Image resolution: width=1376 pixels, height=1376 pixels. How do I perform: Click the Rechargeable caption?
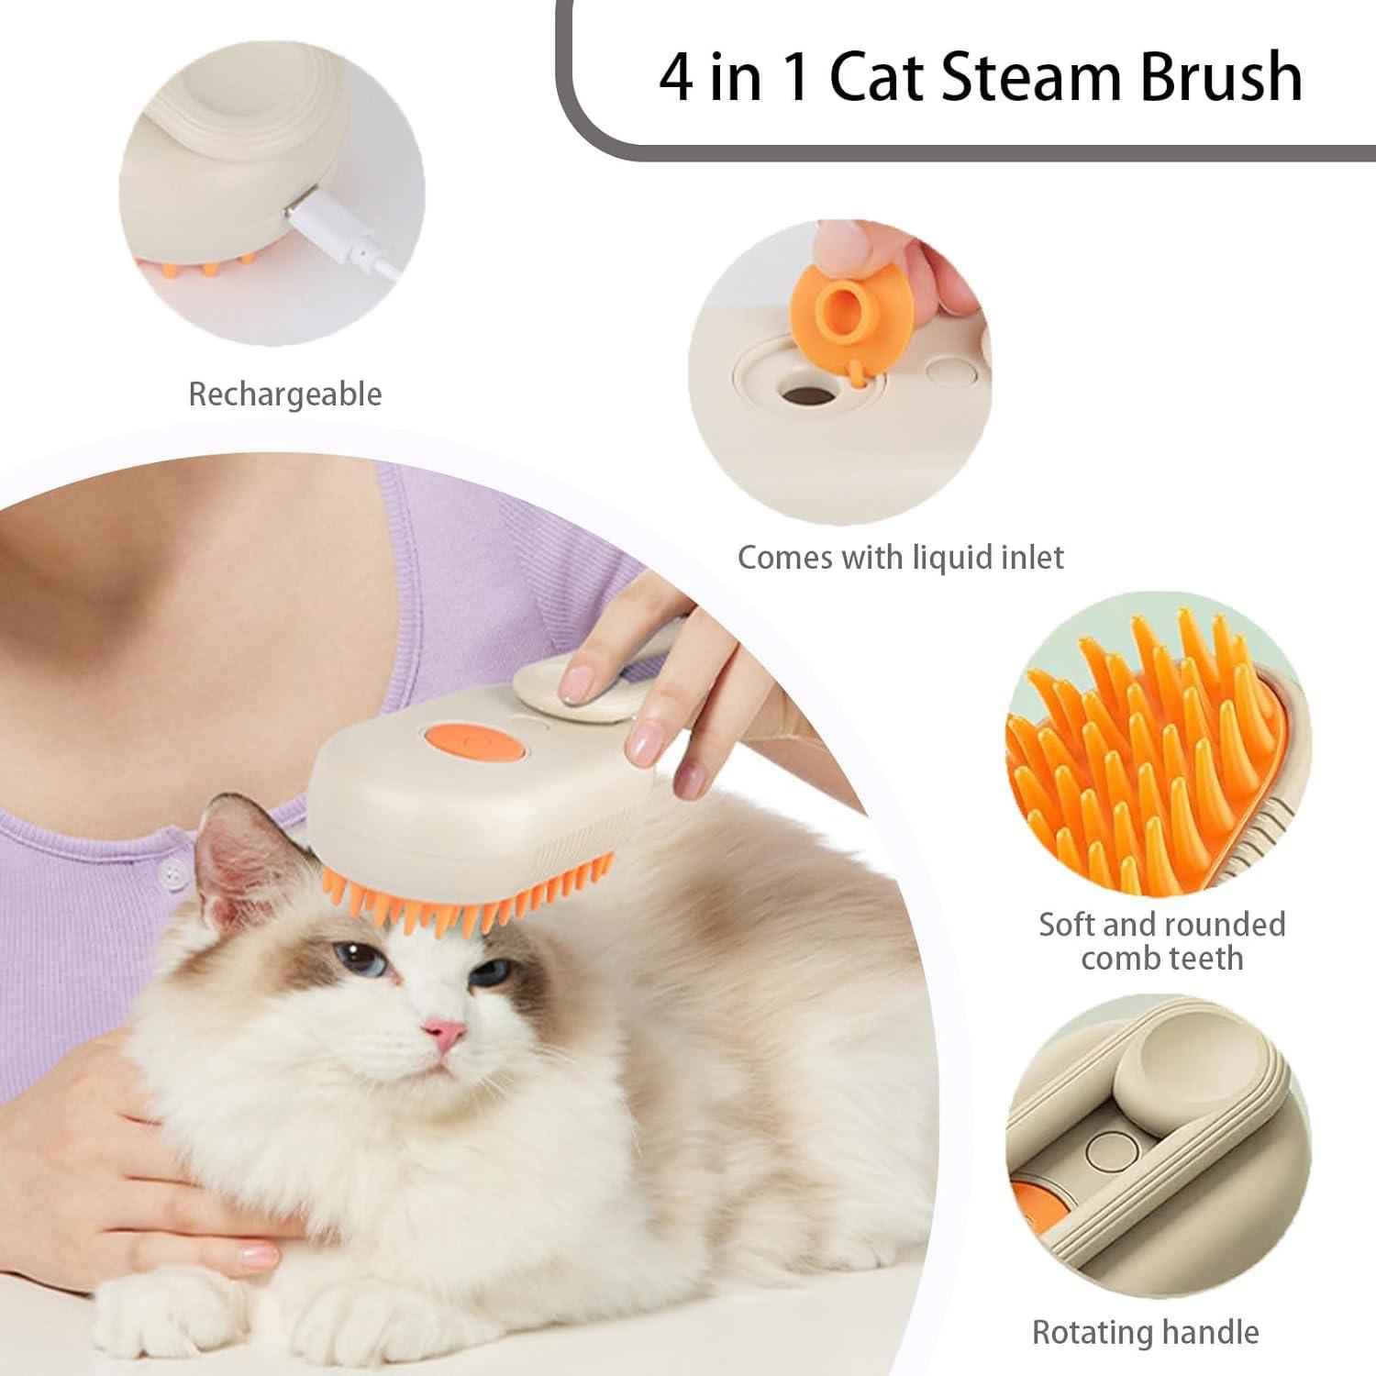pyautogui.click(x=284, y=394)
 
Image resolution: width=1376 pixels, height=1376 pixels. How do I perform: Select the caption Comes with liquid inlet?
pyautogui.click(x=900, y=557)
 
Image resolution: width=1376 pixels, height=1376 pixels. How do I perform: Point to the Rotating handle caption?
pyautogui.click(x=1145, y=1331)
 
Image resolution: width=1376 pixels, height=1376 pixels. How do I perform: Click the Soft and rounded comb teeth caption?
pyautogui.click(x=1161, y=940)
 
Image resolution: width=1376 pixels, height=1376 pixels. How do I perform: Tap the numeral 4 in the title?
pyautogui.click(x=676, y=77)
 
